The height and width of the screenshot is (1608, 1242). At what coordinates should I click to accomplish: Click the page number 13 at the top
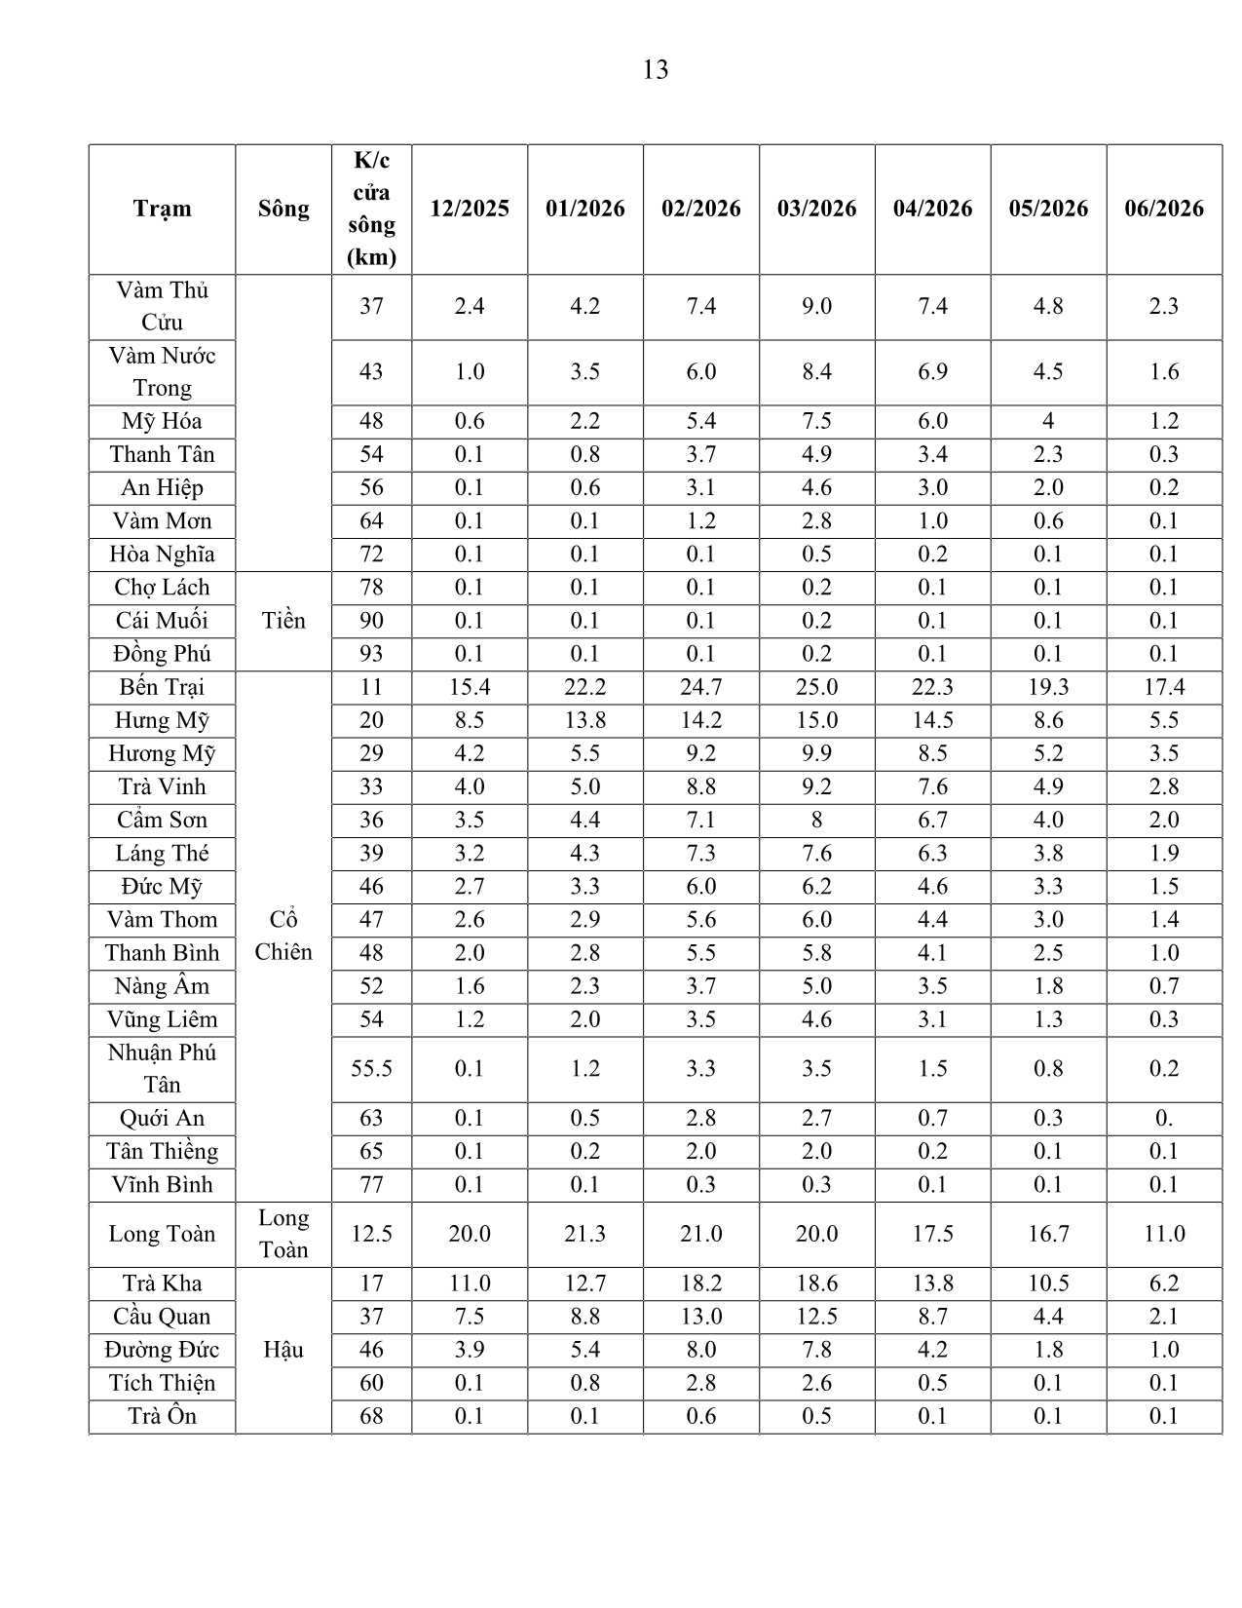coord(655,70)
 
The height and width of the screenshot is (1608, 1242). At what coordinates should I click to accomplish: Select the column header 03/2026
coord(816,209)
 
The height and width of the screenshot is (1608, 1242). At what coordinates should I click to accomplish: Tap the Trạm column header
coord(162,209)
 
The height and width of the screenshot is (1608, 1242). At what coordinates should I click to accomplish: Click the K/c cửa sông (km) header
coord(371,209)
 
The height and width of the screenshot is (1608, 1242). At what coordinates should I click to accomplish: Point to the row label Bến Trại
coord(162,687)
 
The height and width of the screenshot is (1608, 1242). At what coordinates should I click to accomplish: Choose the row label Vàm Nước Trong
coord(162,371)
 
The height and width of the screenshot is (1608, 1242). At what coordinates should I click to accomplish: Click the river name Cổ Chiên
coord(283,936)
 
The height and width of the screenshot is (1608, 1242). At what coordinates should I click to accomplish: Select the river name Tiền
coord(283,621)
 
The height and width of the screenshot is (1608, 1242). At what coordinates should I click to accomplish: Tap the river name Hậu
coord(283,1350)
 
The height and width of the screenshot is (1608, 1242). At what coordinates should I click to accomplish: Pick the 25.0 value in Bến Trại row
coord(816,687)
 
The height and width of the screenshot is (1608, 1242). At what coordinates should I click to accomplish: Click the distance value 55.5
coord(371,1069)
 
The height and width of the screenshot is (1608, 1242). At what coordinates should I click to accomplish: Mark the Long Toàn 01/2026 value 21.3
coord(584,1234)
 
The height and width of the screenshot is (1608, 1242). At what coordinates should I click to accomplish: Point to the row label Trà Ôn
coord(162,1416)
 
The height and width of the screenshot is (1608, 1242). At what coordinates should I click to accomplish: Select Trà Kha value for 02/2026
coord(700,1283)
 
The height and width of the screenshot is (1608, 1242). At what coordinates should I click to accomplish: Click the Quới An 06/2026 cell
coord(1164,1119)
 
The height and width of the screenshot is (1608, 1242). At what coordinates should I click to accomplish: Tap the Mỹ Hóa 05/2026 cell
coord(1048,421)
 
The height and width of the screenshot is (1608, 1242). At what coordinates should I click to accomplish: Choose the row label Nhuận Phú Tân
coord(162,1068)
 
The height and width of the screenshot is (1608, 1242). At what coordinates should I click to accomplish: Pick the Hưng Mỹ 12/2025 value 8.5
coord(469,720)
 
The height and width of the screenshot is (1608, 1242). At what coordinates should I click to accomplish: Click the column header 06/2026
coord(1164,209)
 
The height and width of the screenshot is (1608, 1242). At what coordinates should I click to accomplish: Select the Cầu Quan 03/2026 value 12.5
coord(816,1317)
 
